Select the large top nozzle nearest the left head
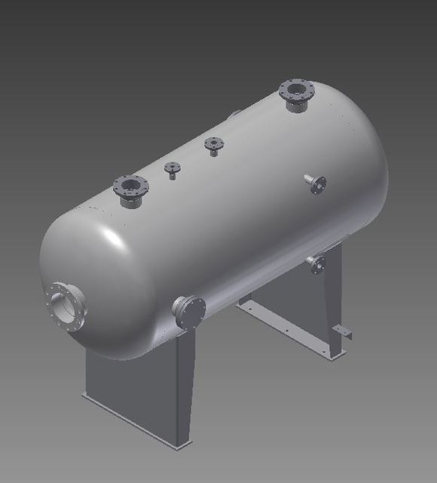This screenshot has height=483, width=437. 130,190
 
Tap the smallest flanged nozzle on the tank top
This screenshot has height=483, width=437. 173,170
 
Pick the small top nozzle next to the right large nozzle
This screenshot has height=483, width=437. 214,145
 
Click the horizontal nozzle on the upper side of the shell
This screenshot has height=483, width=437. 315,183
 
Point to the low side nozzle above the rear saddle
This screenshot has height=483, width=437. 315,263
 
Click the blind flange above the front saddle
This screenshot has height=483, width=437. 189,311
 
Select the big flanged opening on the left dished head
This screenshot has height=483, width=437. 66,306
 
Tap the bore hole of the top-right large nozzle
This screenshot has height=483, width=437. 295,90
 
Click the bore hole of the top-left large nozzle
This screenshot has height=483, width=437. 130,184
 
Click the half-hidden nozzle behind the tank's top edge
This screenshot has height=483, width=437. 234,114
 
